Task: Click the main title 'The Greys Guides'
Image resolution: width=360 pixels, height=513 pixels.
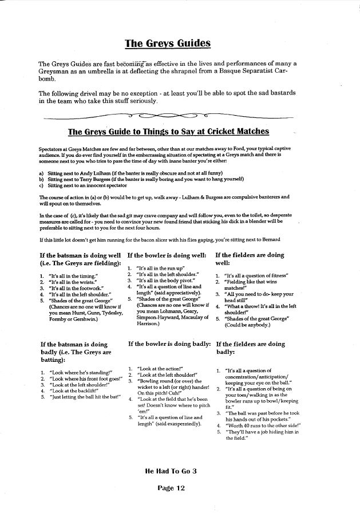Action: pos(168,43)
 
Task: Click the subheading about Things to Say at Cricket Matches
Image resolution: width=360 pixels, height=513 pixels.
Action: pos(168,132)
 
